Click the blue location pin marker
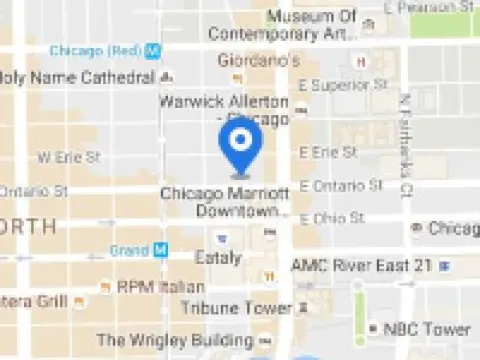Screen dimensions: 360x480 [240, 145]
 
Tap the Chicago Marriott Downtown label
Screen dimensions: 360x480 [225, 201]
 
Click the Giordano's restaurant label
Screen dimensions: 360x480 [260, 60]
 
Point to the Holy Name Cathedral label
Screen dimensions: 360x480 [78, 77]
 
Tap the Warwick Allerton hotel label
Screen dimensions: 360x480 [223, 109]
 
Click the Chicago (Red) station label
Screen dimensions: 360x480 [95, 50]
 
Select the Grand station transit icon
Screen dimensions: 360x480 [159, 250]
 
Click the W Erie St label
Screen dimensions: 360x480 [69, 157]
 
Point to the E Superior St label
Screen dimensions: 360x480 [341, 85]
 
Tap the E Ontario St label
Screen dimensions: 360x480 [341, 185]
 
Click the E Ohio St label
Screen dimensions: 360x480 [333, 218]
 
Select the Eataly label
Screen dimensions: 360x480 [217, 258]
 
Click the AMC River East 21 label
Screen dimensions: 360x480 [361, 265]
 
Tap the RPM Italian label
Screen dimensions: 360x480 [160, 287]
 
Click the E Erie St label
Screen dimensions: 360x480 [328, 152]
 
